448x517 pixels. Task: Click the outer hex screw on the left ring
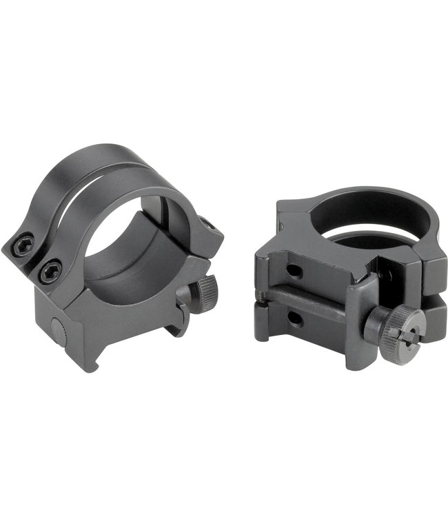pos(23,244)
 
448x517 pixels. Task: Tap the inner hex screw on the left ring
pos(50,271)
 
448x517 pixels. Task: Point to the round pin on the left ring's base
pos(61,333)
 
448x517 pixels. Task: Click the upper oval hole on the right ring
pos(294,270)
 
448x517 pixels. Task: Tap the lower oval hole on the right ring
pos(295,319)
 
